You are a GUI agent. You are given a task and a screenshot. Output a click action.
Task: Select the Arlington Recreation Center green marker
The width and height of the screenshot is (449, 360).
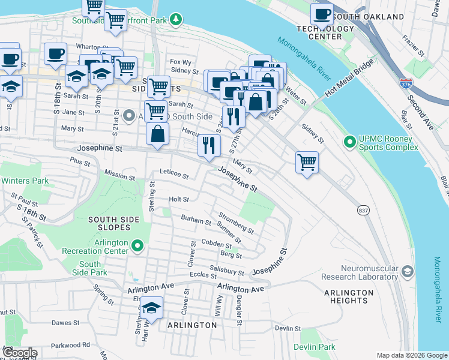point(137,245)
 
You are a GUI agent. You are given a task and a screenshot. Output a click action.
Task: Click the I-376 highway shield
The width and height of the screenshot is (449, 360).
point(406,83)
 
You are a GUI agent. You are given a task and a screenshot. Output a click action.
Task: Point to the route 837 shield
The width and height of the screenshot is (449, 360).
point(363,211)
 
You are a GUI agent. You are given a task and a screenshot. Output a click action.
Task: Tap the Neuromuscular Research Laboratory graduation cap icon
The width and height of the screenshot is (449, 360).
point(408,272)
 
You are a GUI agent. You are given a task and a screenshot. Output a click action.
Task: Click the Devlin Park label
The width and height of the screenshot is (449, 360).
point(315,347)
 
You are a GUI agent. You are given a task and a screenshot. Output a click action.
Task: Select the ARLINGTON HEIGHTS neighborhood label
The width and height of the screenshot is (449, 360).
point(349,296)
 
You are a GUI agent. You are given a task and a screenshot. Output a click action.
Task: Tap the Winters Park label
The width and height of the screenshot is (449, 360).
point(25,181)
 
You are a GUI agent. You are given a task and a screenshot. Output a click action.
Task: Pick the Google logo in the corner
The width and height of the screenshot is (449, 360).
point(19,353)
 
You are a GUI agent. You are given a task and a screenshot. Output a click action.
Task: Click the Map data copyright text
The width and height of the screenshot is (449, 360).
point(412,355)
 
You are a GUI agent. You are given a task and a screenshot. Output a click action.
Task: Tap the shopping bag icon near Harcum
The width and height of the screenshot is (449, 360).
point(157,134)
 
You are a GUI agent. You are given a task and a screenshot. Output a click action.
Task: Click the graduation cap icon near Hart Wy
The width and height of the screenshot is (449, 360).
point(152,308)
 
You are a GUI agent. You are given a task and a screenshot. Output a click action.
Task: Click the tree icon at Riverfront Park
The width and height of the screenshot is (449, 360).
point(176,20)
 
